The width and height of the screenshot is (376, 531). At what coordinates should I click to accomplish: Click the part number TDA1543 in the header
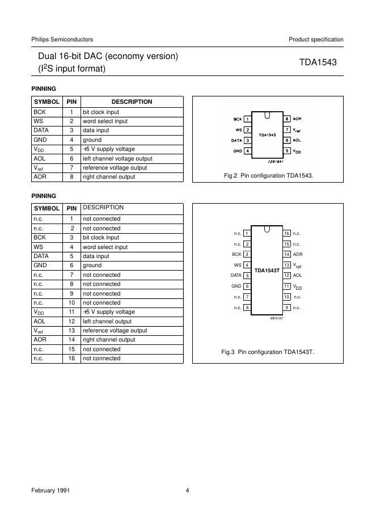point(318,63)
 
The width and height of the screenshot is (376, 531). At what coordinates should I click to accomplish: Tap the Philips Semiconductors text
point(62,39)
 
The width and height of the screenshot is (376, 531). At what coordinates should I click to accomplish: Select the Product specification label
point(316,39)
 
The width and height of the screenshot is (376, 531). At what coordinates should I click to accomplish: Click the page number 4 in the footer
point(187,491)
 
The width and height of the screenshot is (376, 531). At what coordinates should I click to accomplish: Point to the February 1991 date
point(50,491)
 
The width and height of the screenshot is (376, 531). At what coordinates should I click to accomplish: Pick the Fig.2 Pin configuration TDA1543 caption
point(269,175)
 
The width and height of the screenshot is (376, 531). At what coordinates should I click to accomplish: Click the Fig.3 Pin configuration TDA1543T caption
point(267,352)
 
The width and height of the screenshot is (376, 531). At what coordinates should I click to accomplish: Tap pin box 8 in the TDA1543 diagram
point(288,119)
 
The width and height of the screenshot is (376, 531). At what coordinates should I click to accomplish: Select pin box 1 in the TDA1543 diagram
point(248,119)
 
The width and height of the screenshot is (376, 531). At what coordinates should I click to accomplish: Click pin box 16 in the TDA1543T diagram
point(287,233)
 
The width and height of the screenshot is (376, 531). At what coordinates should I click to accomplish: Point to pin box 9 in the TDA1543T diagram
point(287,307)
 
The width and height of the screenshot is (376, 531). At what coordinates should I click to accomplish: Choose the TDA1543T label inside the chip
point(267,271)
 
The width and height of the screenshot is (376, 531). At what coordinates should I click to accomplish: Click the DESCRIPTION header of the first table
point(132,102)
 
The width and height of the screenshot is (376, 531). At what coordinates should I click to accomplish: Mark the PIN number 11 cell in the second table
point(71,312)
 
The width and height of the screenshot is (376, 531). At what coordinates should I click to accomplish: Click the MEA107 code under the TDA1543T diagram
point(276,318)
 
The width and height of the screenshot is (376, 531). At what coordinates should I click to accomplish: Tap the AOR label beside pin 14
point(298,254)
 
